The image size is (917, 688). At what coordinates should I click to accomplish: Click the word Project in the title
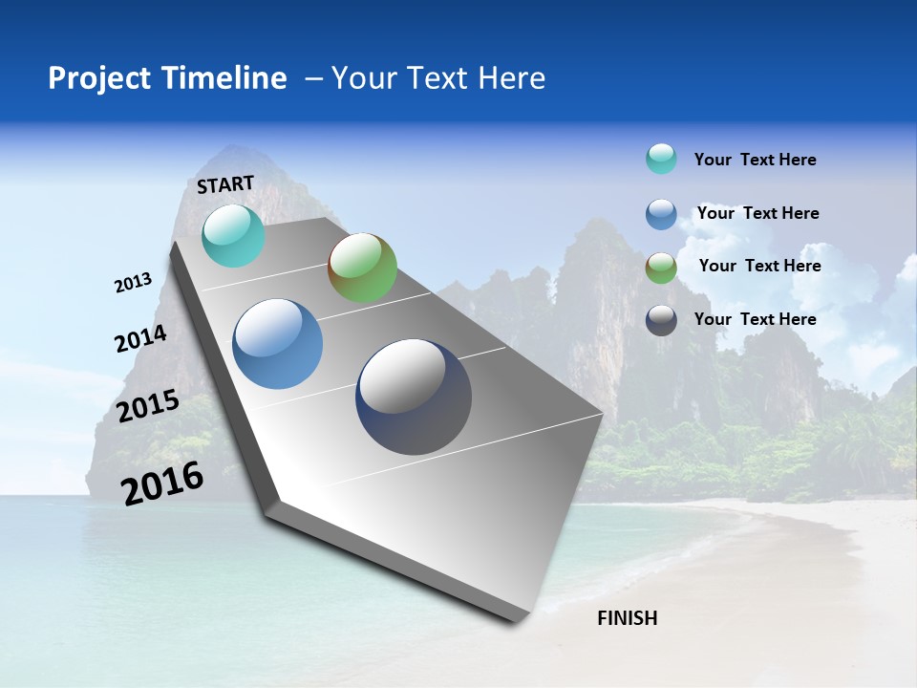(95, 78)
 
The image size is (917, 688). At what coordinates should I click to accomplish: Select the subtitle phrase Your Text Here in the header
(438, 78)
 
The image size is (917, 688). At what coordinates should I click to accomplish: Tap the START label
(225, 184)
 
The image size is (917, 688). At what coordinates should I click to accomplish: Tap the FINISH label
(628, 618)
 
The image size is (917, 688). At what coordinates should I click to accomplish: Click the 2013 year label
(133, 283)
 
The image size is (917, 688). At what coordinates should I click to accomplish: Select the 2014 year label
(140, 339)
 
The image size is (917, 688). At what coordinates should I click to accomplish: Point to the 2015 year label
(148, 406)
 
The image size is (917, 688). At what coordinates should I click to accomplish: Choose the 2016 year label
(162, 483)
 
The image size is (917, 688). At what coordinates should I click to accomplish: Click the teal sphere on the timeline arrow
(233, 235)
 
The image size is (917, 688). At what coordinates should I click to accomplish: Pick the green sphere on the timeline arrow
(362, 268)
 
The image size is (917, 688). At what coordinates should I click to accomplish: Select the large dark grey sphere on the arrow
(414, 397)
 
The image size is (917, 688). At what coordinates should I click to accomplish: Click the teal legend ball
(661, 159)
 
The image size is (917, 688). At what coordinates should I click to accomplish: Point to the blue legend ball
(661, 214)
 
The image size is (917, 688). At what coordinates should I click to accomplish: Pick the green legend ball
(661, 268)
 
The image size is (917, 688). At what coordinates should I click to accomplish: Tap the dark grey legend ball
(661, 320)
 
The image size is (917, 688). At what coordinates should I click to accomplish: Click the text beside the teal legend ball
(755, 160)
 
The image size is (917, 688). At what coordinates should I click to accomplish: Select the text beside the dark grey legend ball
(755, 319)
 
